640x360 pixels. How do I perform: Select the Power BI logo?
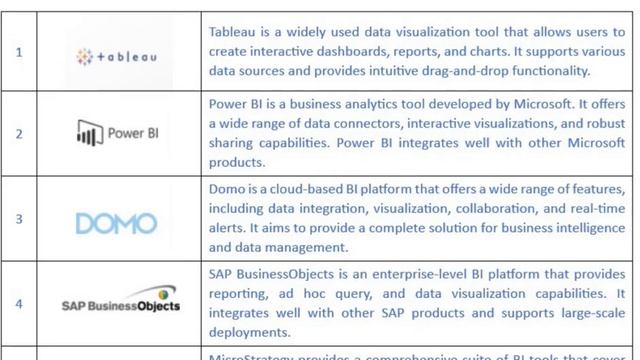[x=118, y=132]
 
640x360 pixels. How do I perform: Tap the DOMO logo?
[x=118, y=223]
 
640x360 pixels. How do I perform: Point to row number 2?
[x=19, y=133]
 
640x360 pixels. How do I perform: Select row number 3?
[x=19, y=218]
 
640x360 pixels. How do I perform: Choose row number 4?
[x=19, y=302]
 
